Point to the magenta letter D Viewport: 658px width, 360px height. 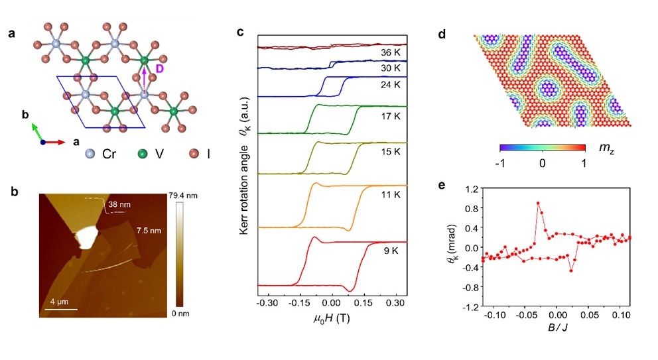tap(159, 69)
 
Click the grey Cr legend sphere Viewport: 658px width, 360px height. tap(90, 154)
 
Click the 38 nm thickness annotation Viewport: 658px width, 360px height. tap(119, 206)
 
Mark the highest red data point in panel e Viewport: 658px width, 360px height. tap(538, 204)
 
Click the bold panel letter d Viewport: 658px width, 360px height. tap(461, 32)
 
